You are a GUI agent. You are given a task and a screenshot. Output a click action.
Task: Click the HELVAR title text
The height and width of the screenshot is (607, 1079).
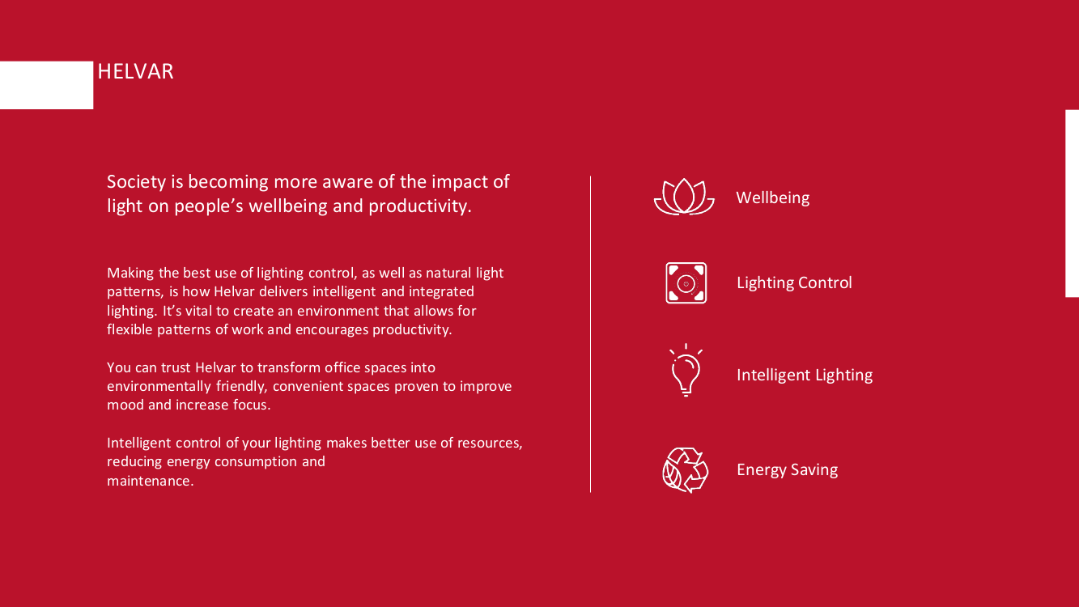coord(135,72)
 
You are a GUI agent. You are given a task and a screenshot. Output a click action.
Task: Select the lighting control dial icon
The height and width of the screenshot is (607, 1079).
coord(686,282)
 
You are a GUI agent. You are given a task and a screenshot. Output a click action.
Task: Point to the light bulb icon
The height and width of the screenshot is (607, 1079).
coord(686,370)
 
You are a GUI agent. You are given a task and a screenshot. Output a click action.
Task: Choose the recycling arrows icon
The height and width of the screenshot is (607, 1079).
coord(685,469)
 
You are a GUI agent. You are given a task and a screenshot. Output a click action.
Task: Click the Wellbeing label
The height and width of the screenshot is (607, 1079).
coord(773,198)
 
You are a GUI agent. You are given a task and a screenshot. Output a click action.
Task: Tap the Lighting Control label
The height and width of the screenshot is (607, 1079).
coord(794,282)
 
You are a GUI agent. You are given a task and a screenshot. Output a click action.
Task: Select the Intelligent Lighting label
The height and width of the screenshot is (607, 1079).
coord(805,376)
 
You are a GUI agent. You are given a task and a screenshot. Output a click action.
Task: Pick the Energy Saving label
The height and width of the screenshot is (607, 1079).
coord(787,469)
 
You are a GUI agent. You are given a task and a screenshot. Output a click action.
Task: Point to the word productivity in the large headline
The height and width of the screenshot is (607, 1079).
coord(419,206)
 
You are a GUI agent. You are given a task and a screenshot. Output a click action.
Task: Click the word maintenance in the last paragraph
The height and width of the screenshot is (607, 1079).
coord(150,481)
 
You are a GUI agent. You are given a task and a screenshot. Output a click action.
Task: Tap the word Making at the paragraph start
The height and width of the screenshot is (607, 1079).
coord(130,274)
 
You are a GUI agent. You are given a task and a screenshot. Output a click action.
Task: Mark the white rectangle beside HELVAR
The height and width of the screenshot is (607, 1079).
coord(47,85)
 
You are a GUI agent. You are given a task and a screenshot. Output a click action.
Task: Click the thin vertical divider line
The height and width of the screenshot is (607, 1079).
coord(590,334)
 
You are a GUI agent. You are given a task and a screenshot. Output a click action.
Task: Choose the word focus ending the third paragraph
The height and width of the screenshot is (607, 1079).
coord(252,405)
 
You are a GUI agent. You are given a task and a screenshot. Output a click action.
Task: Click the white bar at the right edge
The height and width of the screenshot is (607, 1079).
coord(1073,204)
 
